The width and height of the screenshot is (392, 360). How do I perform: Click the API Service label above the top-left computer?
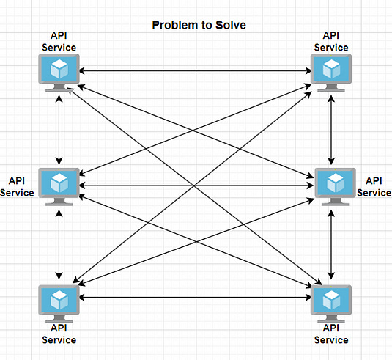tap(59, 41)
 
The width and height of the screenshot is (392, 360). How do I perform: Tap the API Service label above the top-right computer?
tap(331, 41)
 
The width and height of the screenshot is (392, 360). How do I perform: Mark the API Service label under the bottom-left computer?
tap(59, 334)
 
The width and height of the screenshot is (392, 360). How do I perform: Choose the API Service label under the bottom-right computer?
tap(331, 334)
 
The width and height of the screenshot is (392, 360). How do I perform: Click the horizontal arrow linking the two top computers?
tap(195, 70)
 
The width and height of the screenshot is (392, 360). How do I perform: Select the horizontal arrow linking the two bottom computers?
tap(195, 298)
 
